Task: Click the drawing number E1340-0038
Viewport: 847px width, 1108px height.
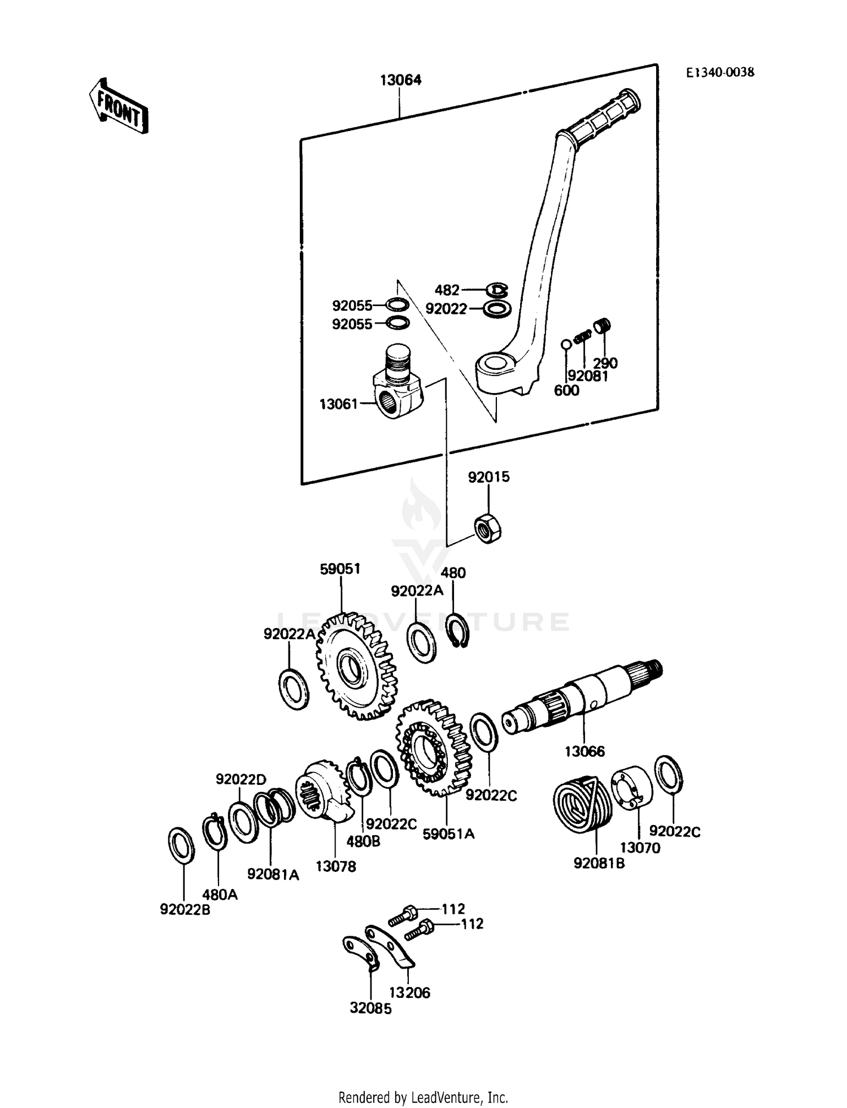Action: (x=720, y=72)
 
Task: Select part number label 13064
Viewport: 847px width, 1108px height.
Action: (x=400, y=80)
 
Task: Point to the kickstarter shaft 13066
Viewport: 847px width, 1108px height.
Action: (x=582, y=696)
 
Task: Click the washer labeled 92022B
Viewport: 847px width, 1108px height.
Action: (x=181, y=844)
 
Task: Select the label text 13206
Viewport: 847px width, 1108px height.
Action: (x=409, y=992)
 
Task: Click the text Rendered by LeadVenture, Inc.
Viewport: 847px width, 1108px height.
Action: (x=423, y=1097)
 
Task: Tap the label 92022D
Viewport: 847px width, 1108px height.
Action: (x=241, y=779)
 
